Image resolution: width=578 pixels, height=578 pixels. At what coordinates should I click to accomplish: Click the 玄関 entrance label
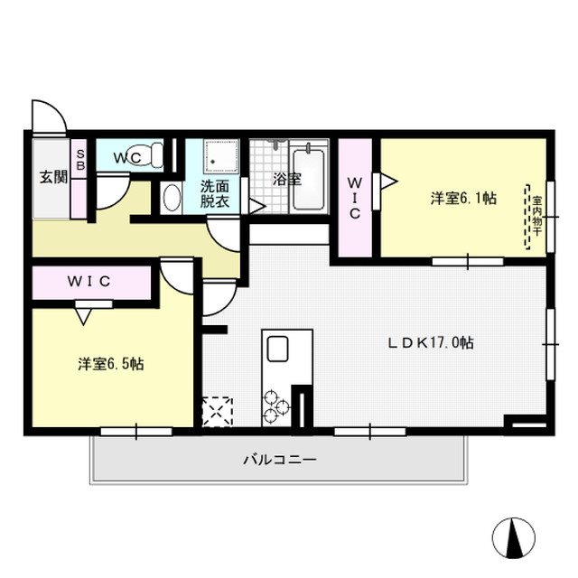52,177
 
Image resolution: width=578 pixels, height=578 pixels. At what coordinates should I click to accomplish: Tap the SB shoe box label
79,161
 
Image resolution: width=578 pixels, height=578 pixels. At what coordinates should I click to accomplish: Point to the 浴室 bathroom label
287,179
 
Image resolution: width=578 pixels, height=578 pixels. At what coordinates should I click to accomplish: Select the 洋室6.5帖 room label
110,364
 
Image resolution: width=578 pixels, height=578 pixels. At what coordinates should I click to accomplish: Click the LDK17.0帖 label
433,343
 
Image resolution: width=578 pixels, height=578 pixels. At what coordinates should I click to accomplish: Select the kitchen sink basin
275,348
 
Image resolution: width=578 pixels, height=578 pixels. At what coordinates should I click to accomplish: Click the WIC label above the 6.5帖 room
89,282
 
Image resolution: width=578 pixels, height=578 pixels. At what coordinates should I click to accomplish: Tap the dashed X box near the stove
218,410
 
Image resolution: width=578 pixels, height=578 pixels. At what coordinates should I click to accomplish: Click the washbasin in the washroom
172,197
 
